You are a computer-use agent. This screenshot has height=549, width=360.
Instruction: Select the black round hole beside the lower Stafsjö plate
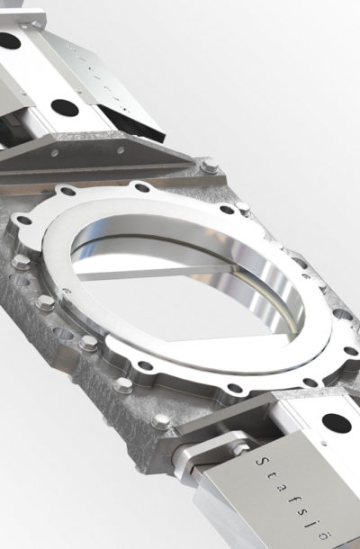(336, 421)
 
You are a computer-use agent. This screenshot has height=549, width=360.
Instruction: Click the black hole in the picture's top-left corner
(8, 40)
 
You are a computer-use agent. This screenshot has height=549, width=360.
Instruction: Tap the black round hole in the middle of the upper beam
(65, 107)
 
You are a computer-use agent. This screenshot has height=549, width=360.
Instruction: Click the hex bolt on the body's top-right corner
(210, 168)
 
